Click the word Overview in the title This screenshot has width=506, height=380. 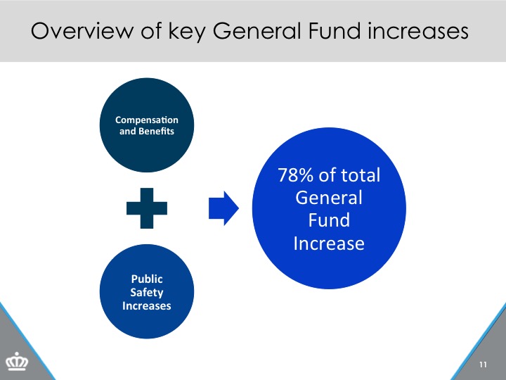[x=82, y=31]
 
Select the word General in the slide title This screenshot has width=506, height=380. [x=257, y=31]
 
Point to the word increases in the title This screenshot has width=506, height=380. [x=418, y=31]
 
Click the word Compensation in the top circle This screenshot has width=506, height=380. [x=147, y=120]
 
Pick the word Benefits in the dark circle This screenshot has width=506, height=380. [x=156, y=131]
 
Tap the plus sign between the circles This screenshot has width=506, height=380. [x=147, y=208]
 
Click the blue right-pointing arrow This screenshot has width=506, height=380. [x=223, y=208]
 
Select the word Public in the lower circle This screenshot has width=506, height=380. [x=147, y=279]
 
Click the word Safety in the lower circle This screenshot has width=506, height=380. [x=147, y=293]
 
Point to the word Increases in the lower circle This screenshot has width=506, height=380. [x=147, y=305]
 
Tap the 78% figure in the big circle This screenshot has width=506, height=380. [x=295, y=175]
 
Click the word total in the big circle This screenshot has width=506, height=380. [x=361, y=175]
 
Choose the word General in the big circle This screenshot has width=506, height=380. [x=329, y=198]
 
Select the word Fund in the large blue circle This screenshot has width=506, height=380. [x=329, y=220]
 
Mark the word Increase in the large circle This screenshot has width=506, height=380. [x=329, y=243]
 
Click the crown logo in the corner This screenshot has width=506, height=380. [x=17, y=361]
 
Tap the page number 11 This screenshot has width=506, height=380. [x=483, y=365]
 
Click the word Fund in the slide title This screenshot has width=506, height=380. [x=335, y=31]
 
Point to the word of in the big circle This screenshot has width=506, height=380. [x=327, y=175]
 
